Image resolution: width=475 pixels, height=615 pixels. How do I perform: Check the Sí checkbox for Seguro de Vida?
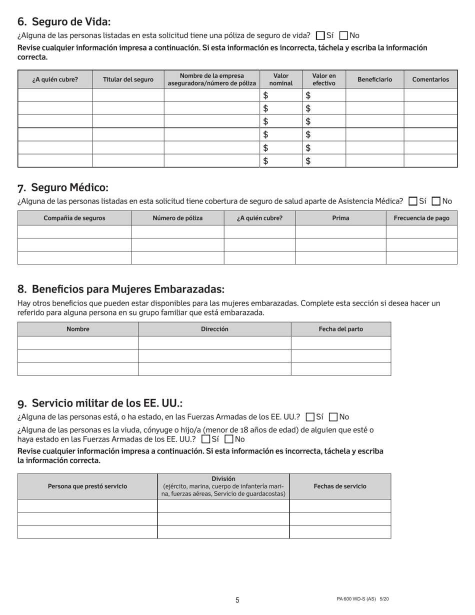(320, 35)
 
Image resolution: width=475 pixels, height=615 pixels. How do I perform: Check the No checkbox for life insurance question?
(343, 35)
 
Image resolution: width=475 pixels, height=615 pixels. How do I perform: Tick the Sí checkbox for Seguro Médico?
(413, 201)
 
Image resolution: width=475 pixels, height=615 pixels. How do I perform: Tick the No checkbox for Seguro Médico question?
(436, 201)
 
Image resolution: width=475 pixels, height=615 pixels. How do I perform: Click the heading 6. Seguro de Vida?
(64, 21)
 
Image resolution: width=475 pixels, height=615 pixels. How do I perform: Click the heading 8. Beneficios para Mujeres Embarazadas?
(121, 289)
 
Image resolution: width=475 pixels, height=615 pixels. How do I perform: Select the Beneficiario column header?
(374, 79)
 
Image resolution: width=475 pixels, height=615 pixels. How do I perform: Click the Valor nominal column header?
(281, 79)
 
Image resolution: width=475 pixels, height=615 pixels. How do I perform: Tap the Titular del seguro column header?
(128, 79)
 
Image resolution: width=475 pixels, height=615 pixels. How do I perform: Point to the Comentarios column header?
(430, 79)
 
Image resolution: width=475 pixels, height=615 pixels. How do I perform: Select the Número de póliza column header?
(177, 218)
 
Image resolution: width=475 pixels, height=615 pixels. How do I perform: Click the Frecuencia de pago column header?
(421, 218)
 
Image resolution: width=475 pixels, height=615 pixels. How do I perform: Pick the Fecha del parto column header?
(340, 329)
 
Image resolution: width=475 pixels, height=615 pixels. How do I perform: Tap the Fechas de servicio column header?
(340, 486)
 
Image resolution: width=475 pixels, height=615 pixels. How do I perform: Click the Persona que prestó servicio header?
(87, 486)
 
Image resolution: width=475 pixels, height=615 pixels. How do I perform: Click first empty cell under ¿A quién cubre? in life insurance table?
(55, 95)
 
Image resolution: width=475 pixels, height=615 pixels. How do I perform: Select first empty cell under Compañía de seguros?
(74, 231)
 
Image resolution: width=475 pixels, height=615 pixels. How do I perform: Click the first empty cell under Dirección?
(214, 342)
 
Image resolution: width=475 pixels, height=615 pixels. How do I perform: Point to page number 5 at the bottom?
(237, 600)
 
